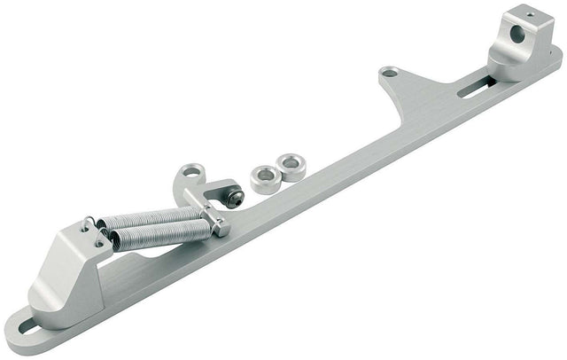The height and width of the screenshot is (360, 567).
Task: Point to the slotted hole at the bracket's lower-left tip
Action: pyautogui.click(x=27, y=327)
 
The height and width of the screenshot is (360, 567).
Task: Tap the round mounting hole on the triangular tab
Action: pyautogui.click(x=388, y=72)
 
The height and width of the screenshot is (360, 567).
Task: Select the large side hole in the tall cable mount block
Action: pyautogui.click(x=517, y=34)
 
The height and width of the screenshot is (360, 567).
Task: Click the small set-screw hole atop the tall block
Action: pyautogui.click(x=530, y=13)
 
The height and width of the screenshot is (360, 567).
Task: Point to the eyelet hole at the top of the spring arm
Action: pyautogui.click(x=190, y=170)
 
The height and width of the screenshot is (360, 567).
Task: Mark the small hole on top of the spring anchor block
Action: pyautogui.click(x=86, y=228)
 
